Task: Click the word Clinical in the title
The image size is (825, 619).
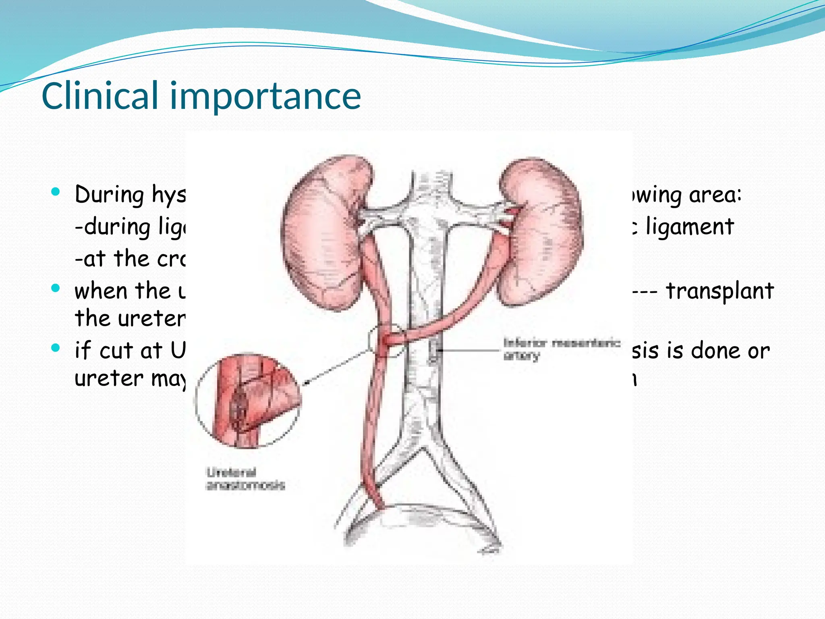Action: point(100,96)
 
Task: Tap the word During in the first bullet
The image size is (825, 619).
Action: point(109,195)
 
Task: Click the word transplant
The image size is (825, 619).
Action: point(719,291)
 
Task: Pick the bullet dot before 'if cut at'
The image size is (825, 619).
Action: point(56,347)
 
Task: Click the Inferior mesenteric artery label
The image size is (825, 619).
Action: point(561,349)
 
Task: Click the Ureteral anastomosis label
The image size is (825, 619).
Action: point(245,478)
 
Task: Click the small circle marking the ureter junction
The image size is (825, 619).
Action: point(386,341)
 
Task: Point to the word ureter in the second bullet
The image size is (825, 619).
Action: point(129,318)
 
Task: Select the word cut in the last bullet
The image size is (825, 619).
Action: point(116,351)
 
